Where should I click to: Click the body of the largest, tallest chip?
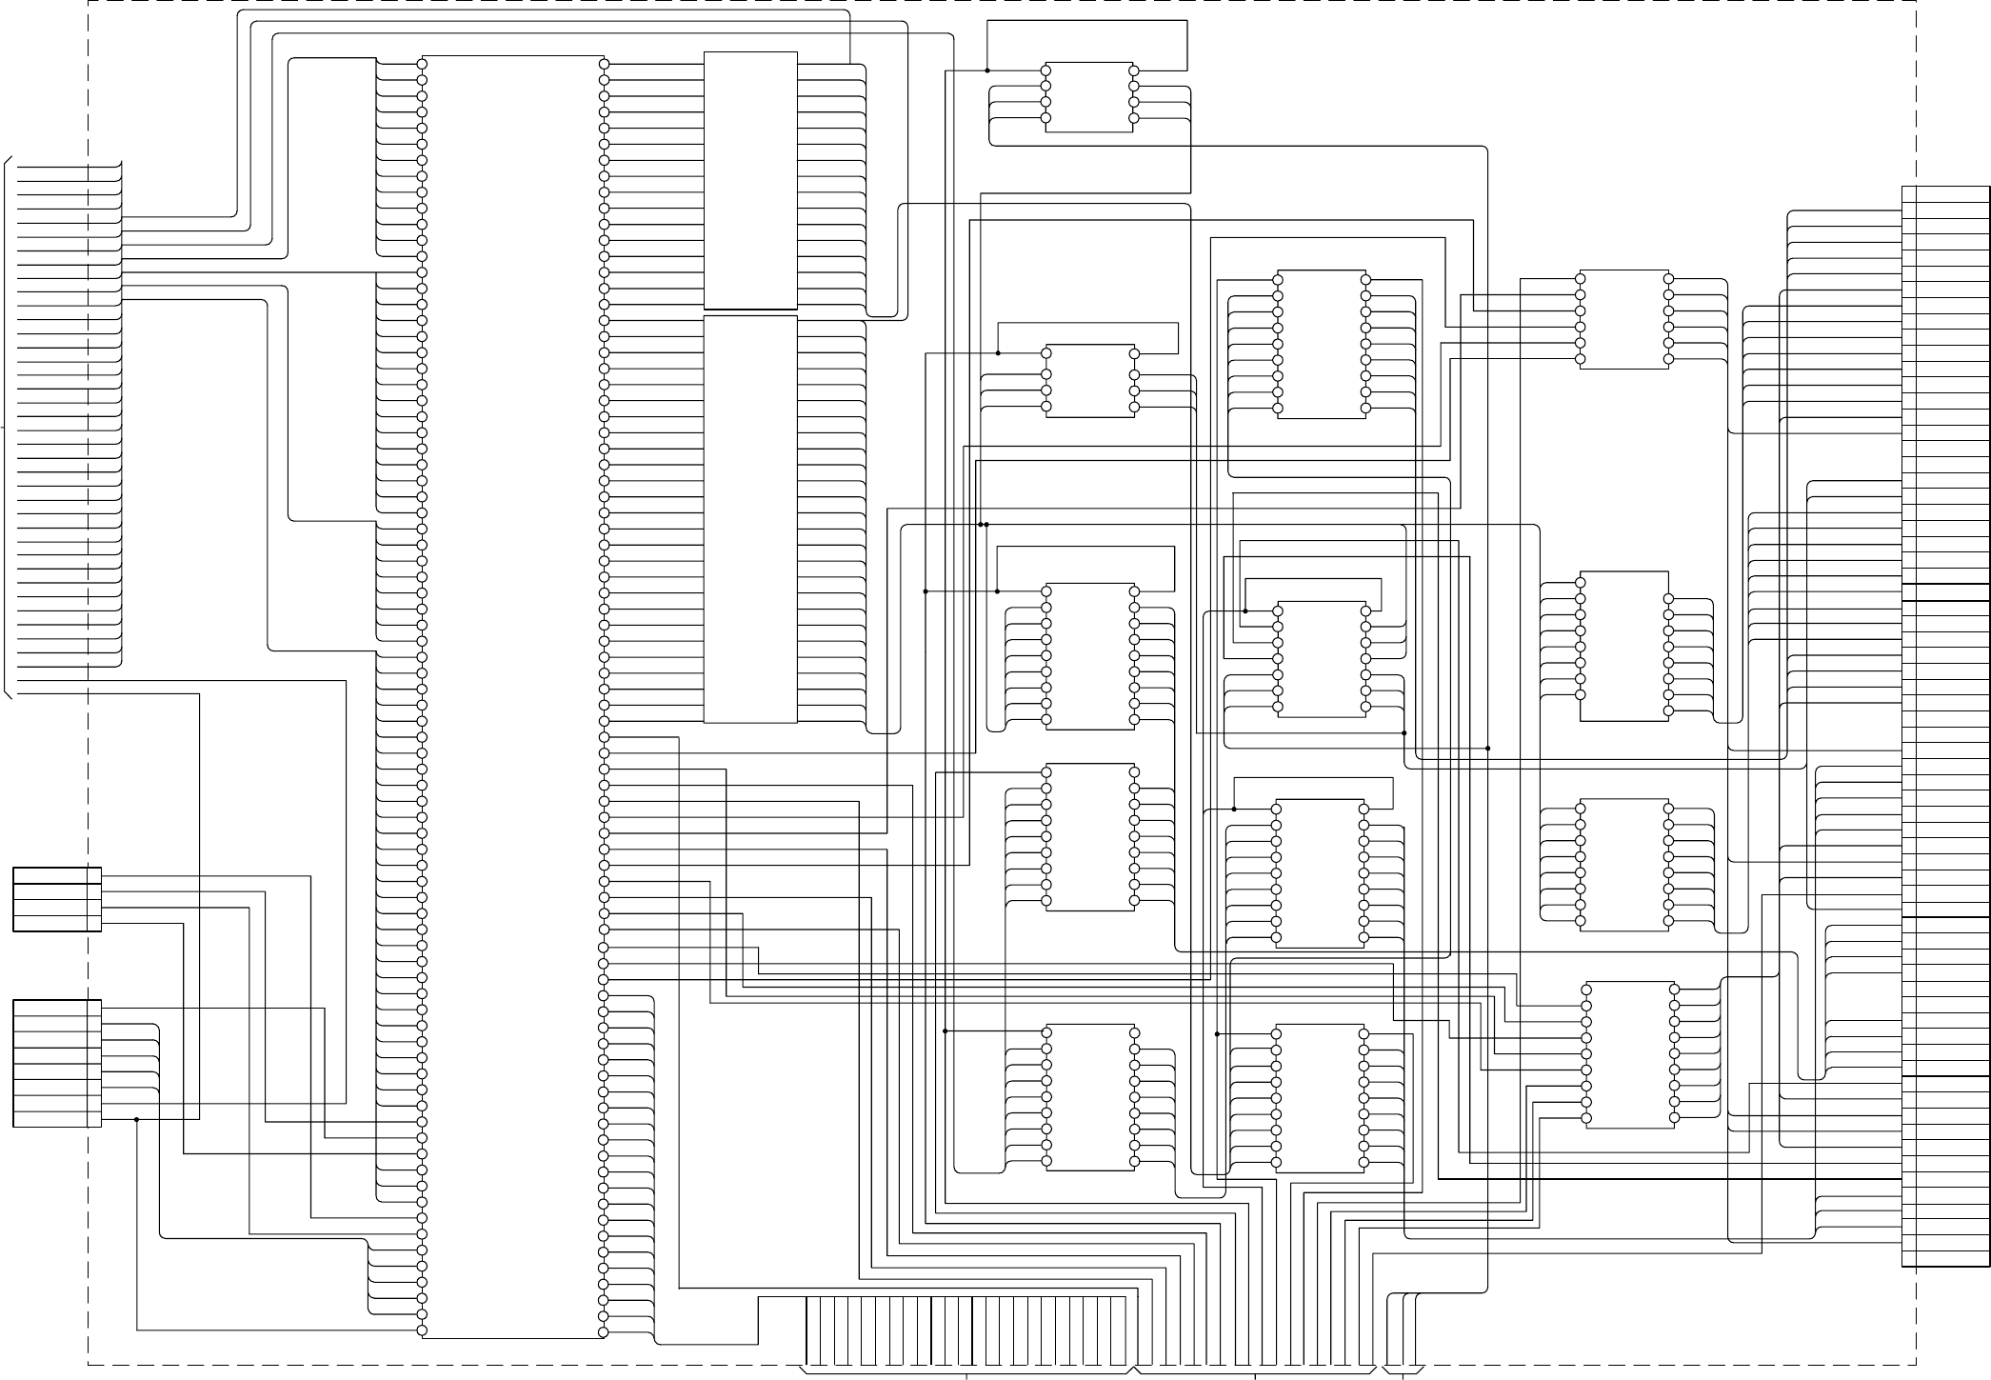click(512, 695)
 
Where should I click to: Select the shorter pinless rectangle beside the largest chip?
click(750, 180)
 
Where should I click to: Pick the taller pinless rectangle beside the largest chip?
click(750, 519)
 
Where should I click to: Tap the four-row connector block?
click(57, 899)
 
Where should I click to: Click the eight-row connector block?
click(57, 1063)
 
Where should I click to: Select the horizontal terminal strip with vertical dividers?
click(971, 1330)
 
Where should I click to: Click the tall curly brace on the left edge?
click(8, 429)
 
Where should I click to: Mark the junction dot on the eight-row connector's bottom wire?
click(137, 1119)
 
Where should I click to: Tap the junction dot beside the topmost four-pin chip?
click(987, 70)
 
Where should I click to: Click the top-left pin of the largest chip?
click(422, 64)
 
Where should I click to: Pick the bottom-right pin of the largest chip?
click(604, 1330)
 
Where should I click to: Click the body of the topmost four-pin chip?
click(1089, 97)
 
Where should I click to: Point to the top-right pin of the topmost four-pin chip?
click(1133, 70)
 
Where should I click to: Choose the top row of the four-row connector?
click(57, 875)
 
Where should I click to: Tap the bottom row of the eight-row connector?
click(57, 1119)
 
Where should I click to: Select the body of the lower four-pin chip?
click(1089, 380)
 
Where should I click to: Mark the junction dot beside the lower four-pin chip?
click(998, 353)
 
